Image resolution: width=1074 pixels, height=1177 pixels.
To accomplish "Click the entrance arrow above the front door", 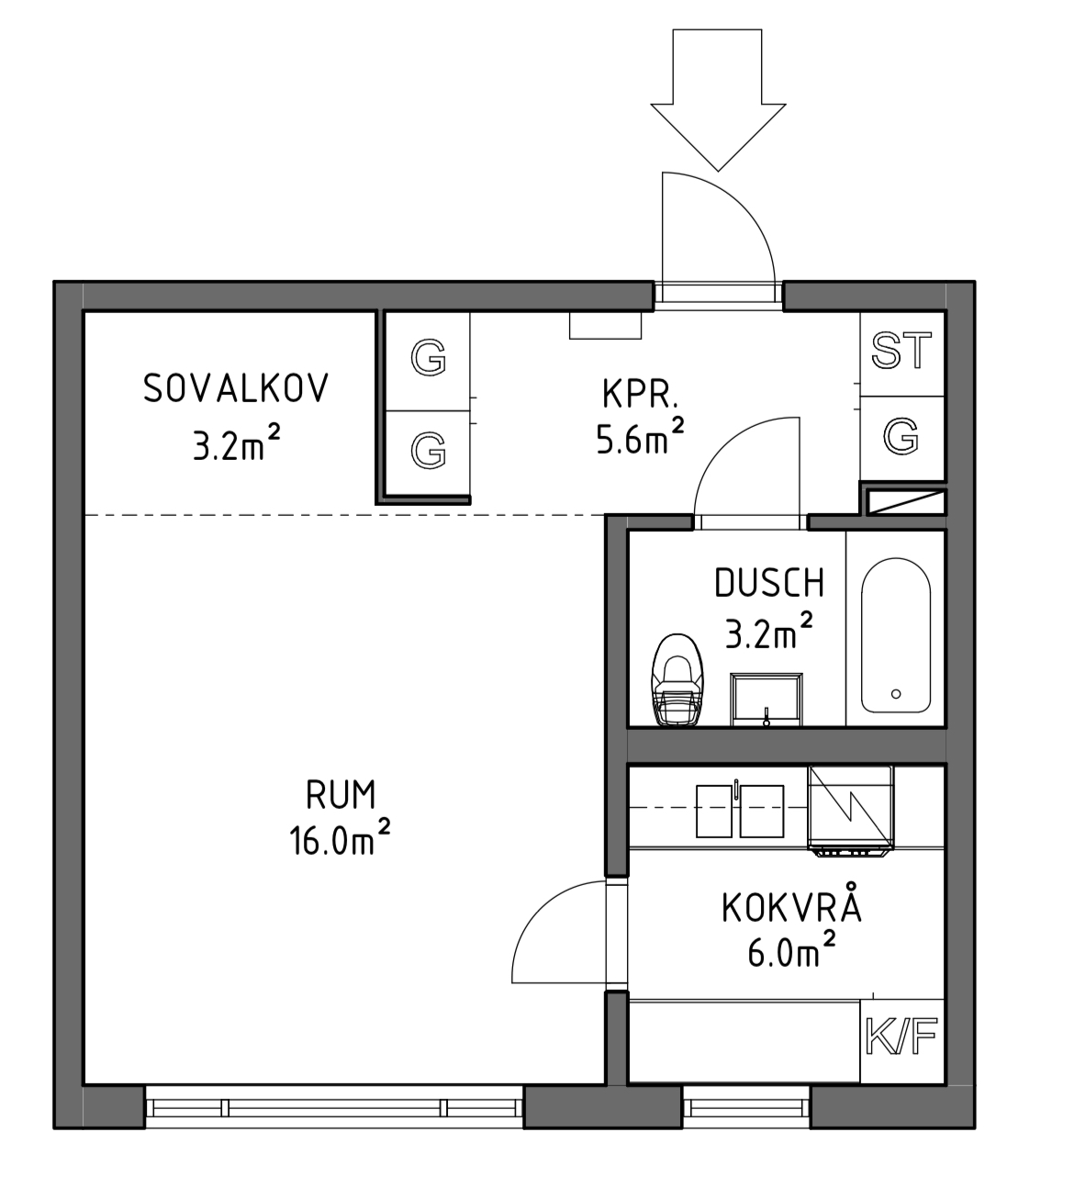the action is [717, 100].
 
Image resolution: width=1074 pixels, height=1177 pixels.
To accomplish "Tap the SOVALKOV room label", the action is [236, 388].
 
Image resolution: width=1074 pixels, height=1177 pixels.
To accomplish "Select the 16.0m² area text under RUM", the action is [340, 839].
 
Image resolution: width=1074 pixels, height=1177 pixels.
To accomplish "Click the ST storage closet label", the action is [901, 351].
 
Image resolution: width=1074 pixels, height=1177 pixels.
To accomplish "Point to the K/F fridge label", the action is [901, 1037].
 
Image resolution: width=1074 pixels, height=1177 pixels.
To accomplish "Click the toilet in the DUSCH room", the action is [677, 680].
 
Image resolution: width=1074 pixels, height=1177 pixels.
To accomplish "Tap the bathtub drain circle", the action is [896, 694].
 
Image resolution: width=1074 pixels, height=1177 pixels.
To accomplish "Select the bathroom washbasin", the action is [766, 700].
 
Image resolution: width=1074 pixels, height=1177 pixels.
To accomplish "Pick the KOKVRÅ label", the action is [791, 908].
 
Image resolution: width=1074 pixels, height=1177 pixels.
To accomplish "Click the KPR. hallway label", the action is [640, 394].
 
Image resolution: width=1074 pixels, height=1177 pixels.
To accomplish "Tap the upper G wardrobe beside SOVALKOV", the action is [428, 357].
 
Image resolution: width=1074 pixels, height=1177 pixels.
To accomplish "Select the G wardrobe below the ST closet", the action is [901, 436].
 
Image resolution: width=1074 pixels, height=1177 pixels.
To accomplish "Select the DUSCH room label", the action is [769, 583].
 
